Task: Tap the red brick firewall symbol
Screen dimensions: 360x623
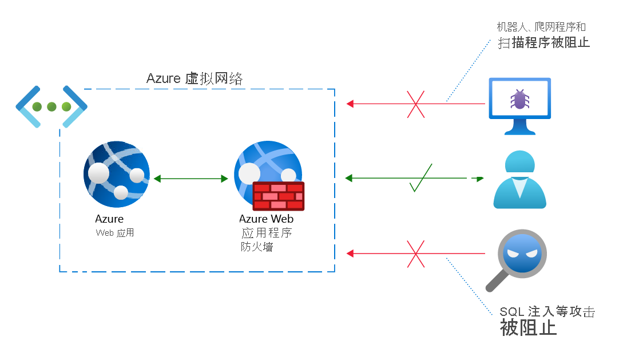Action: coord(279,196)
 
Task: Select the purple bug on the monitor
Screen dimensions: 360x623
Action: coord(519,100)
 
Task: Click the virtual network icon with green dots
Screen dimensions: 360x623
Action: coord(51,106)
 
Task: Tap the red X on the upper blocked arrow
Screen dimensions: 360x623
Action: coord(416,104)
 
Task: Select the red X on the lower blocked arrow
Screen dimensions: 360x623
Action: coord(416,254)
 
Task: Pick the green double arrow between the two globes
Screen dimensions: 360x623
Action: coord(191,179)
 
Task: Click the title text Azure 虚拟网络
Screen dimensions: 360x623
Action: coord(195,78)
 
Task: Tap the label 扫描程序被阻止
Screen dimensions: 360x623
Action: coord(543,42)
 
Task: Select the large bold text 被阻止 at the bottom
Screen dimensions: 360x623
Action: coord(528,328)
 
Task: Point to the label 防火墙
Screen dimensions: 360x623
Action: coord(257,247)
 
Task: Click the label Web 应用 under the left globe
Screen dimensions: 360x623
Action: coord(114,233)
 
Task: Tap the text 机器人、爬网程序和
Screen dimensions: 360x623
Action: coord(541,27)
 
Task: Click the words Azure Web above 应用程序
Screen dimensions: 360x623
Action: coord(266,219)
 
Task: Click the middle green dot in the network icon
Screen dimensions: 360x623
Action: coord(51,106)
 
